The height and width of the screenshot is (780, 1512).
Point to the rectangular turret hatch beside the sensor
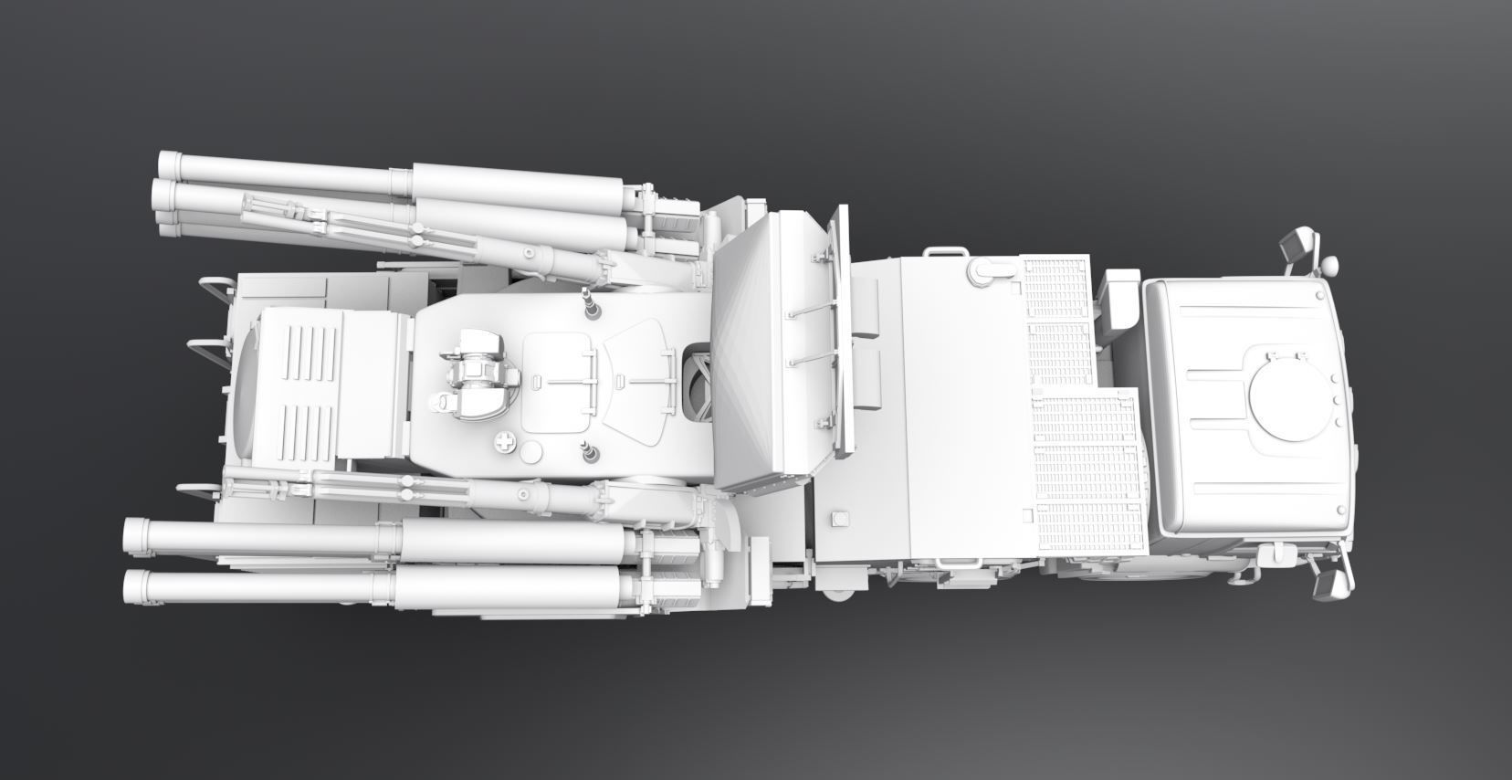559,380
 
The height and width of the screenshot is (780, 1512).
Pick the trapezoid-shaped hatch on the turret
636,375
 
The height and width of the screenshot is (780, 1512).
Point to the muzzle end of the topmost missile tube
170,164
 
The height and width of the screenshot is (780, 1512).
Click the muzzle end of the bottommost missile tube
135,586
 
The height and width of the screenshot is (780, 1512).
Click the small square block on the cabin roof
835,521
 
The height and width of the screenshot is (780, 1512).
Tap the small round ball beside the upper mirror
1329,265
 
